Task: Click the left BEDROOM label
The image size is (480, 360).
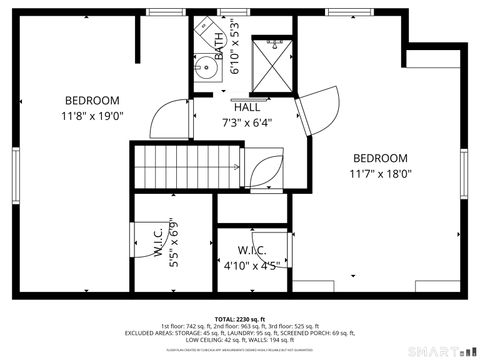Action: [x=92, y=100]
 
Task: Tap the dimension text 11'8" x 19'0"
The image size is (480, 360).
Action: [x=92, y=115]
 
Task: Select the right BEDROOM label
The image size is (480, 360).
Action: [x=379, y=158]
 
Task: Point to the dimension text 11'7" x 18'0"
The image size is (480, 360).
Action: [x=380, y=173]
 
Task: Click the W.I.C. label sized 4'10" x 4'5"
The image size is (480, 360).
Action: [x=251, y=250]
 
